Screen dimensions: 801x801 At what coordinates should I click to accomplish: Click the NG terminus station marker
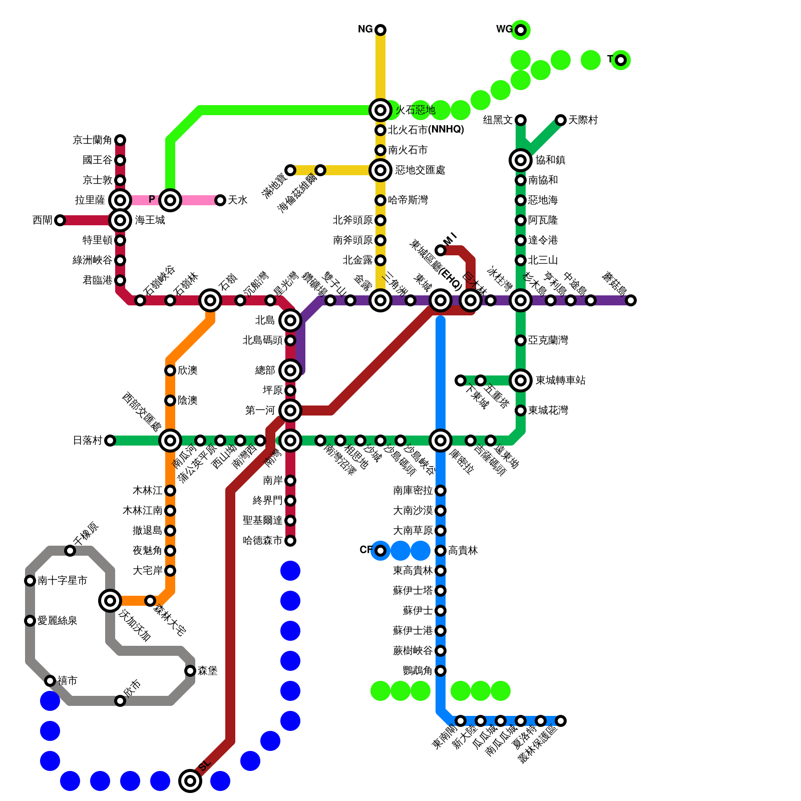pos(380,30)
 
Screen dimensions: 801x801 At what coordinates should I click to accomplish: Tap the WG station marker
pos(521,30)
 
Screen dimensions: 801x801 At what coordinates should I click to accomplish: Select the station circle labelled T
pos(621,60)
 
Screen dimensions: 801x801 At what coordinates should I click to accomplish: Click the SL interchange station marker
pos(190,780)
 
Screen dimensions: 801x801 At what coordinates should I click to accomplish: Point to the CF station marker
pos(380,551)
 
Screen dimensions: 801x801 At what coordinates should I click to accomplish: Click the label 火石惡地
pos(416,110)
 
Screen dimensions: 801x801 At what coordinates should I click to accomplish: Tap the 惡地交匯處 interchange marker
pos(380,170)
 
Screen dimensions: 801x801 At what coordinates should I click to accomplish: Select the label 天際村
pos(583,120)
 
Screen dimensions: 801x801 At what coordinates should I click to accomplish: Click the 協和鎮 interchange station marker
pos(521,160)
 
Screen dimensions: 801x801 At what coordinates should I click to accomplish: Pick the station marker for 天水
pos(220,200)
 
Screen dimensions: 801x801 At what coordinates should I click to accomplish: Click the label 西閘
pos(42,220)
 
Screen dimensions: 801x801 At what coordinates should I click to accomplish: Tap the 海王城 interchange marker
pos(120,220)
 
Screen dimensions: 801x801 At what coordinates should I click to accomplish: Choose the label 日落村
pos(88,441)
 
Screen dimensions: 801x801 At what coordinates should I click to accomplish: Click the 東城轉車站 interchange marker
pos(521,380)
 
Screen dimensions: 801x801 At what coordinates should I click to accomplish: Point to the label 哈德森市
pos(262,541)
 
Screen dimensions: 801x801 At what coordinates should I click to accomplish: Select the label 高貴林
pos(463,551)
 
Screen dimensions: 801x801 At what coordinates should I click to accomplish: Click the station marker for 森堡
pos(190,671)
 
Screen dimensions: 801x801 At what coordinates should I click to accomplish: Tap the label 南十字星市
pos(62,581)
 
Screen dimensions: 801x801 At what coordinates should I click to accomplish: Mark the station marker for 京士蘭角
pos(120,140)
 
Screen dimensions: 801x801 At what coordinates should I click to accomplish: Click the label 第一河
pos(260,411)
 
